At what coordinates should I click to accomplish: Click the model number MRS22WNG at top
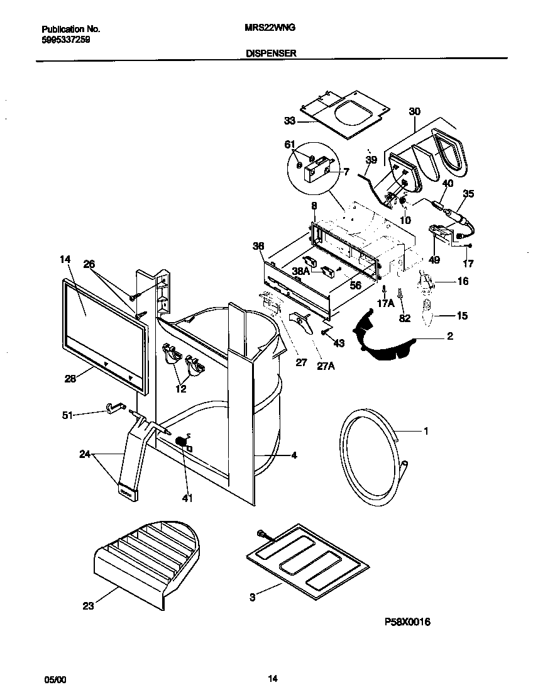pos(270,29)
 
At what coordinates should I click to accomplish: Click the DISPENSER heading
pos(270,54)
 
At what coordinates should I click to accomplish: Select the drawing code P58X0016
pos(407,622)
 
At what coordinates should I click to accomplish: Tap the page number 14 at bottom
pos(272,679)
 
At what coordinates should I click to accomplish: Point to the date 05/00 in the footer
pos(54,679)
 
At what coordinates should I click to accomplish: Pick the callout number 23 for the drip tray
pos(87,606)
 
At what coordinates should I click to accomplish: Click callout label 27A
pos(325,365)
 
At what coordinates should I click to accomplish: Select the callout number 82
pos(405,318)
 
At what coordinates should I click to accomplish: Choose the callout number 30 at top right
pos(414,111)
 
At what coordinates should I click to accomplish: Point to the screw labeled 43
pos(326,333)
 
